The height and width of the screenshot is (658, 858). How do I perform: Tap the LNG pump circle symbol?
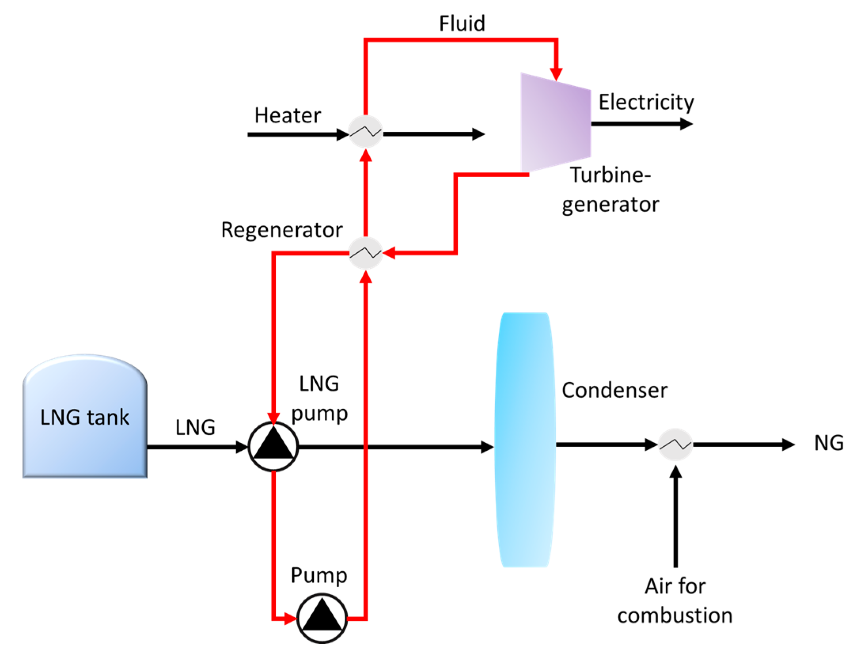tap(273, 446)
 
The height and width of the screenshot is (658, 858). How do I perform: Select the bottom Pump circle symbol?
tap(322, 618)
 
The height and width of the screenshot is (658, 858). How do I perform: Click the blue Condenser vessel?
tap(525, 439)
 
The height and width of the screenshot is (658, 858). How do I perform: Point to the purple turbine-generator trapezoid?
tap(555, 123)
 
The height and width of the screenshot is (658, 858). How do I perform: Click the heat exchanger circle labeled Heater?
tap(365, 132)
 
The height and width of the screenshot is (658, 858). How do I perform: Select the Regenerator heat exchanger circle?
tap(365, 253)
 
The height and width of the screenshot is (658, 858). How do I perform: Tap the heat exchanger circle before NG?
tap(675, 444)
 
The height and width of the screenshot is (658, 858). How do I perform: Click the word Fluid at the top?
tap(462, 24)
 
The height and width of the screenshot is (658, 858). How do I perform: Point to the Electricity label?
tap(646, 102)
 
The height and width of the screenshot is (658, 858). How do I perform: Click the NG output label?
tap(828, 443)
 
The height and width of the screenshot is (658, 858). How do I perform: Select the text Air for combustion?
tap(674, 601)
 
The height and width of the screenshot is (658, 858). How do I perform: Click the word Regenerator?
tap(282, 230)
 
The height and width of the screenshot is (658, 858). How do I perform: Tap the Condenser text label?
tap(614, 391)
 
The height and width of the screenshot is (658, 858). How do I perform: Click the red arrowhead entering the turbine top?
tap(556, 74)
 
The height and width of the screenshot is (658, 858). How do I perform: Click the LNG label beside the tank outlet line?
tap(195, 428)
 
